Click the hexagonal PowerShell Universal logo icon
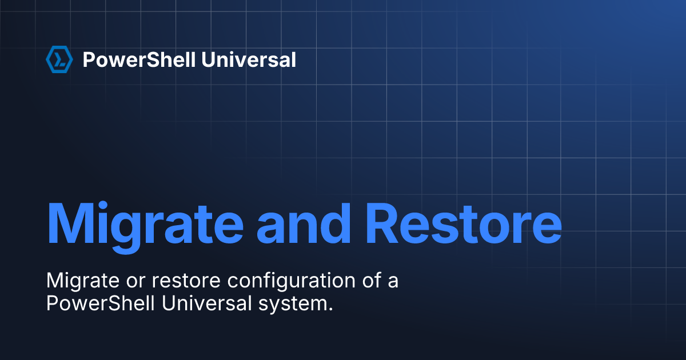tap(59, 59)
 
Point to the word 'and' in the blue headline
tap(304, 222)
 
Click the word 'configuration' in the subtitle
tap(281, 282)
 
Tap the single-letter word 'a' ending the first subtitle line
tap(392, 282)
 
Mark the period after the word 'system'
tap(330, 309)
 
